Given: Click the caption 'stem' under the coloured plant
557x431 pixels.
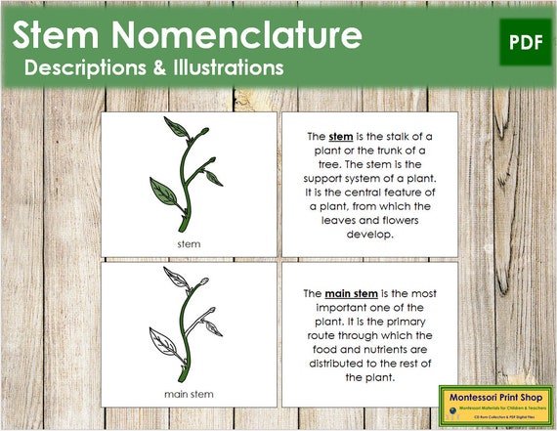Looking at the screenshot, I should coord(189,242).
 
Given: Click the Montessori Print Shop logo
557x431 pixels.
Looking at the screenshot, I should coord(493,403).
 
